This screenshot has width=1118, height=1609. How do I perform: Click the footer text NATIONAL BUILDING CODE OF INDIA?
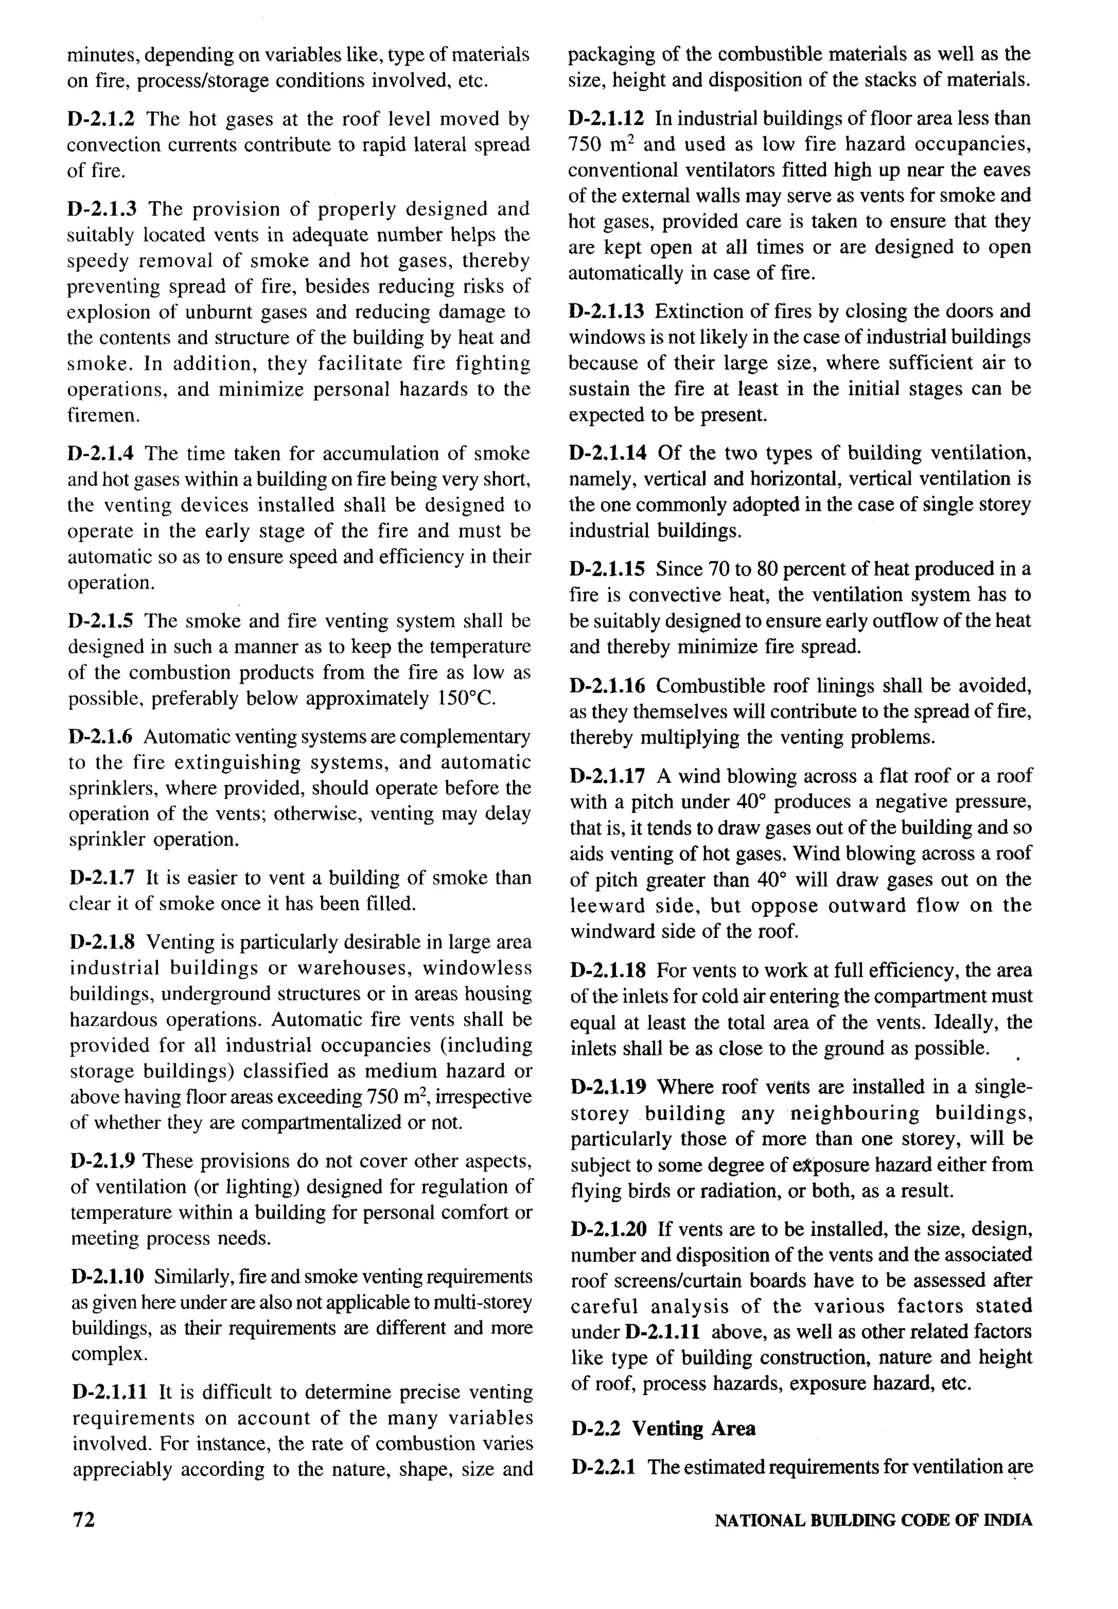coord(873,1520)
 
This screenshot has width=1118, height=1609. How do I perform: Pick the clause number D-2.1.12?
coord(608,118)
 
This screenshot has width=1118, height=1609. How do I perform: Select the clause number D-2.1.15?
coord(608,569)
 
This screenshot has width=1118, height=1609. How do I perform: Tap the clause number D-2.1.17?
coord(608,776)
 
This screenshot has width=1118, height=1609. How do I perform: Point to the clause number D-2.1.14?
coord(608,453)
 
